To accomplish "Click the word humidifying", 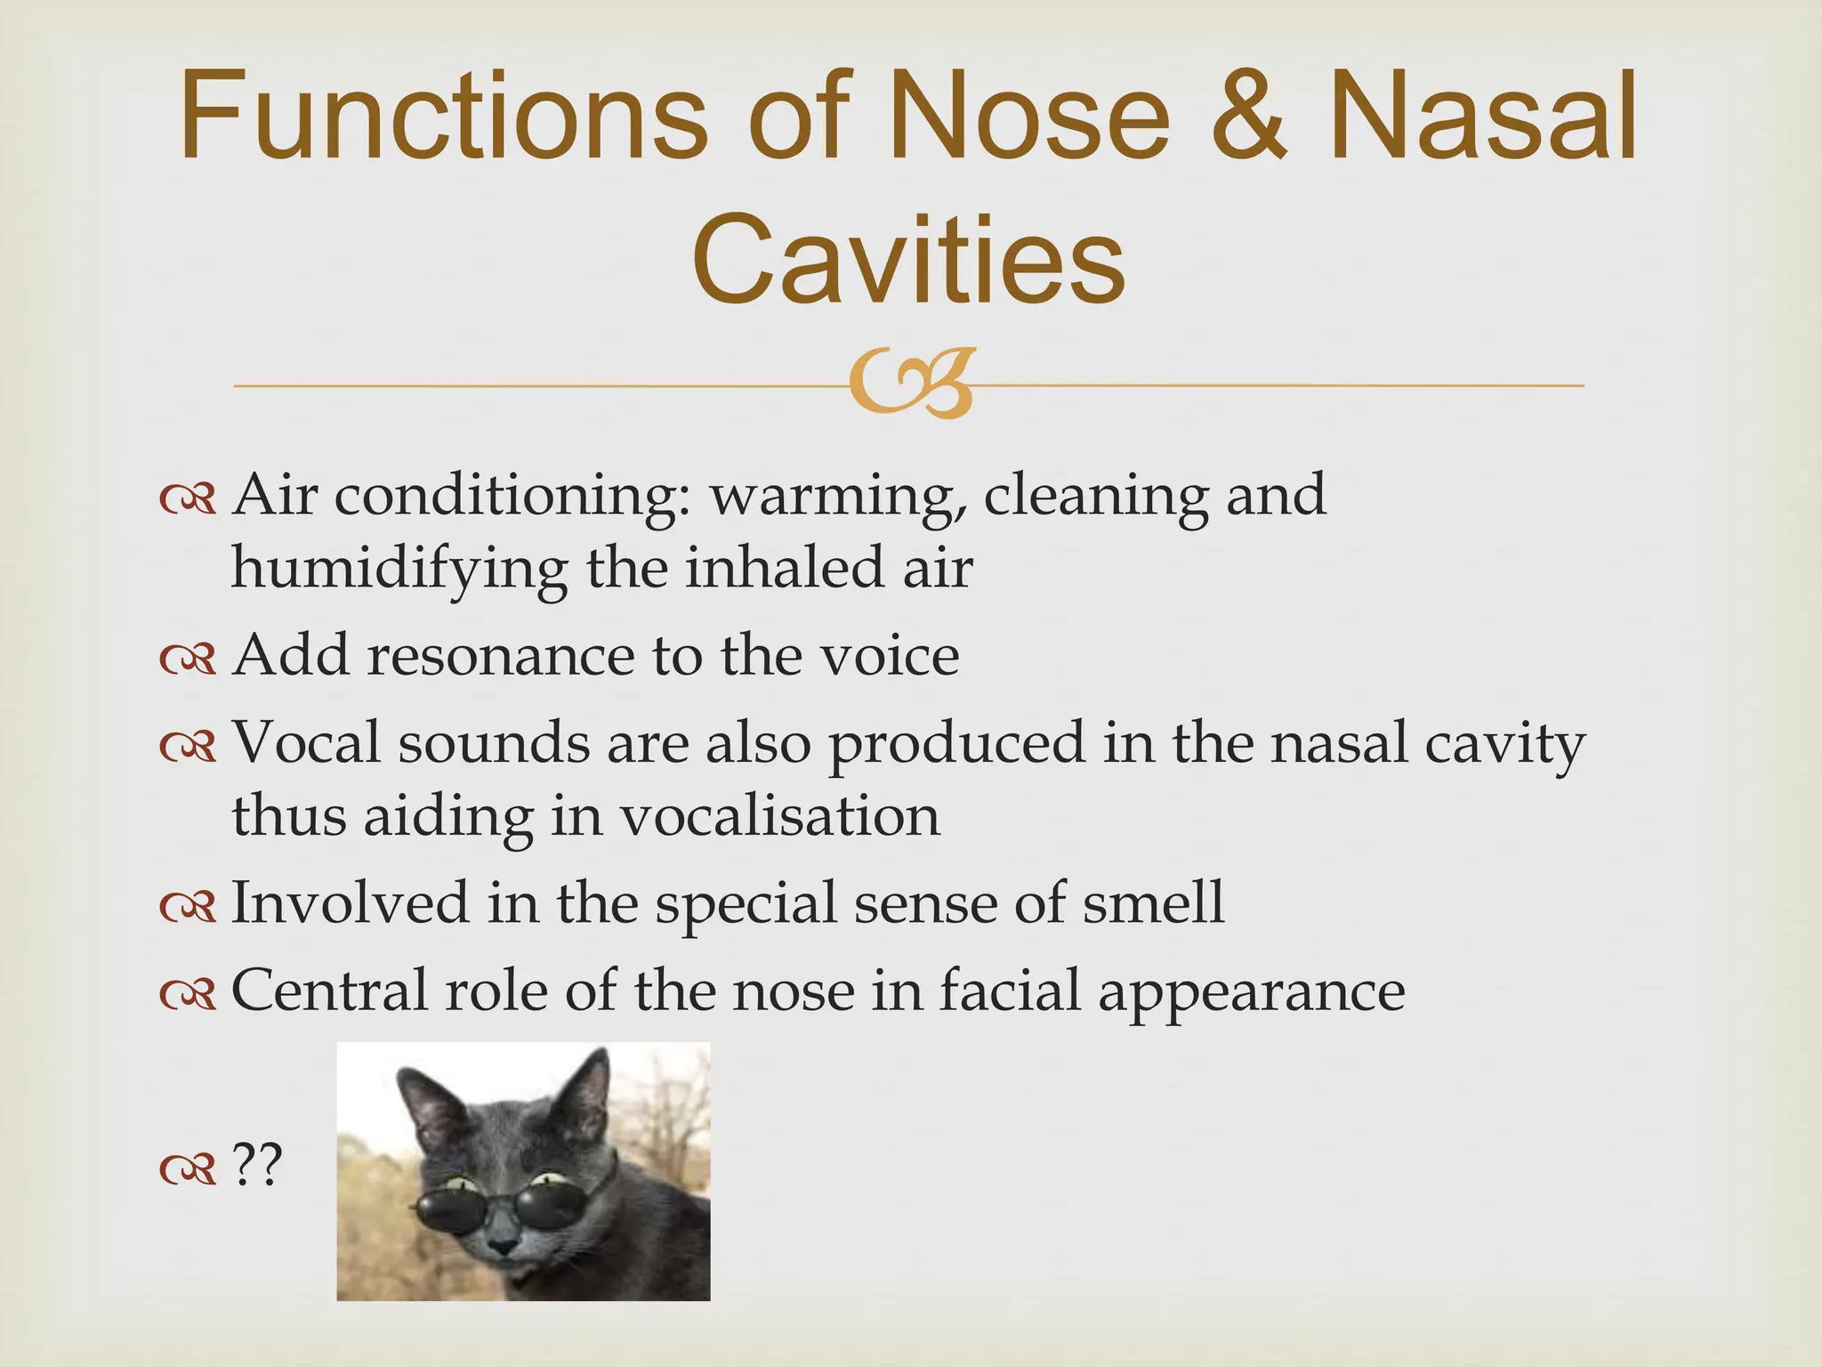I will (x=399, y=570).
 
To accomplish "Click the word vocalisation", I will (x=779, y=816).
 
